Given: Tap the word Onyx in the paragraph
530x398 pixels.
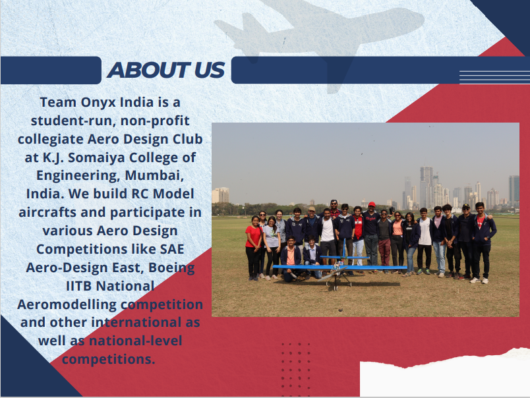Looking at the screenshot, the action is pyautogui.click(x=98, y=102).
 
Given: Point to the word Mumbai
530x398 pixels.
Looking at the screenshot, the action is pyautogui.click(x=154, y=176).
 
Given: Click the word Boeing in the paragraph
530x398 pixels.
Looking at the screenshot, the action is pyautogui.click(x=171, y=268).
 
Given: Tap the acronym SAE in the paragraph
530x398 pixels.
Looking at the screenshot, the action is pyautogui.click(x=171, y=249).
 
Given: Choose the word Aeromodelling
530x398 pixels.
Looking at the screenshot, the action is pyautogui.click(x=67, y=304).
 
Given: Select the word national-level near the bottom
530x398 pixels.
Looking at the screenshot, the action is pyautogui.click(x=135, y=341).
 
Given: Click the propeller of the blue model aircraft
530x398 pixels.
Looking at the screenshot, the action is pyautogui.click(x=332, y=273).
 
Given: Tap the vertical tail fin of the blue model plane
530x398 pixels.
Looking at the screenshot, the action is pyautogui.click(x=344, y=248).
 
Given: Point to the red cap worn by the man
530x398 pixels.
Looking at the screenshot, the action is pyautogui.click(x=372, y=204).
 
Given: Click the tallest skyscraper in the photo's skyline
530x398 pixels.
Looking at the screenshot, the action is pyautogui.click(x=427, y=187).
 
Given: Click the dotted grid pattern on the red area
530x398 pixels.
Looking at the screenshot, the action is pyautogui.click(x=296, y=369).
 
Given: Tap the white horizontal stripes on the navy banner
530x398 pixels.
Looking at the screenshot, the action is pyautogui.click(x=494, y=77).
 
